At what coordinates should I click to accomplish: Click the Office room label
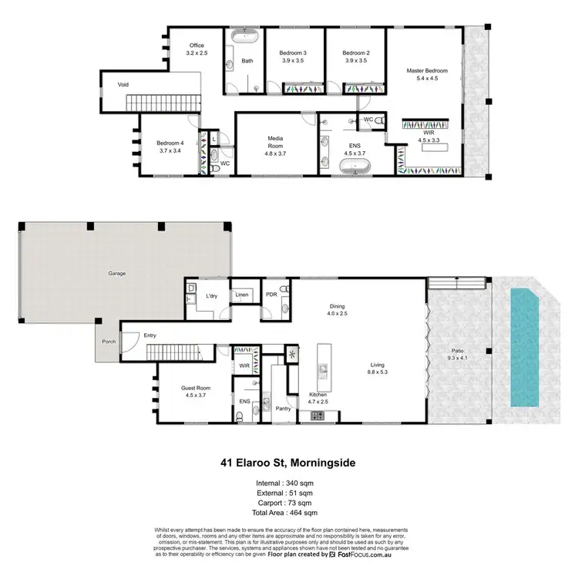point(197,45)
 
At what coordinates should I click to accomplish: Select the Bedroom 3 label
point(294,52)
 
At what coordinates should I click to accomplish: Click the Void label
point(123,84)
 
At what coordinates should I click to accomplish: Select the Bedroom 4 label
point(170,143)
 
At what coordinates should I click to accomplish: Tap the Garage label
point(117,273)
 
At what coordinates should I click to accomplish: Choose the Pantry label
point(283,408)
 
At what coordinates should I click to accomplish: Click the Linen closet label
point(241,295)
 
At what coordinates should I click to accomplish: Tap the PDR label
point(271,294)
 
